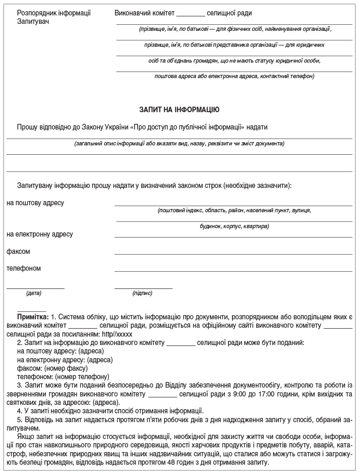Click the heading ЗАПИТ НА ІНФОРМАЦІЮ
[180, 110]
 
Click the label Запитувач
[33, 22]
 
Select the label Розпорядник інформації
[53, 13]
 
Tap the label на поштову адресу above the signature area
[36, 203]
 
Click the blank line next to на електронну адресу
[233, 237]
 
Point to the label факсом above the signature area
[18, 252]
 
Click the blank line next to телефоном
[233, 271]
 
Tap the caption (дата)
[34, 294]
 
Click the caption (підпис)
[142, 294]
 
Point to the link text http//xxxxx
[117, 334]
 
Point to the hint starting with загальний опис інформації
[180, 144]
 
